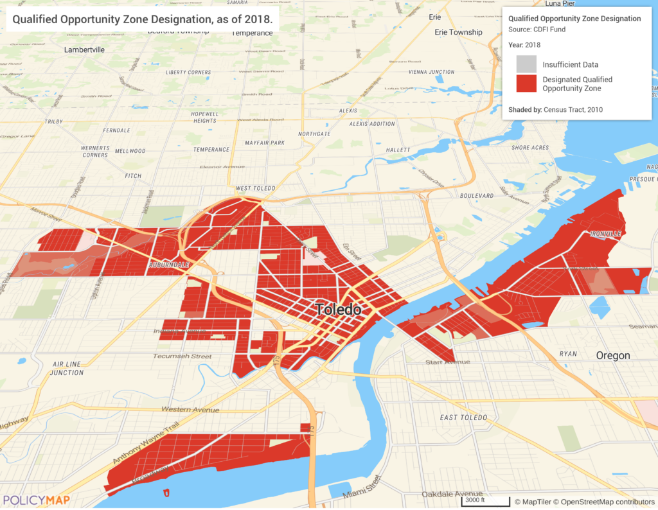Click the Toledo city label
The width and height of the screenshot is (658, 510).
click(338, 310)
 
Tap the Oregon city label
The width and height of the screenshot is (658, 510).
click(613, 356)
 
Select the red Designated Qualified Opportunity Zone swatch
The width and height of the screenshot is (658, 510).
click(526, 84)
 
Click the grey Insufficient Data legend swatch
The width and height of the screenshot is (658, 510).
click(526, 64)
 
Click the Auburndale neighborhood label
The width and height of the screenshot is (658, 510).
click(168, 265)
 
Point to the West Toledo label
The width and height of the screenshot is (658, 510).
click(255, 188)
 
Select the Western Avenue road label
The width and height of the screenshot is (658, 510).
click(190, 410)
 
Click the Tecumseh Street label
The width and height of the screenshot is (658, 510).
click(182, 356)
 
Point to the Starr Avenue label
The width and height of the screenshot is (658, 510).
click(447, 362)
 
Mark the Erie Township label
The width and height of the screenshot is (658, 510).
click(458, 32)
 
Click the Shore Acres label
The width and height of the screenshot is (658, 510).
click(530, 148)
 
